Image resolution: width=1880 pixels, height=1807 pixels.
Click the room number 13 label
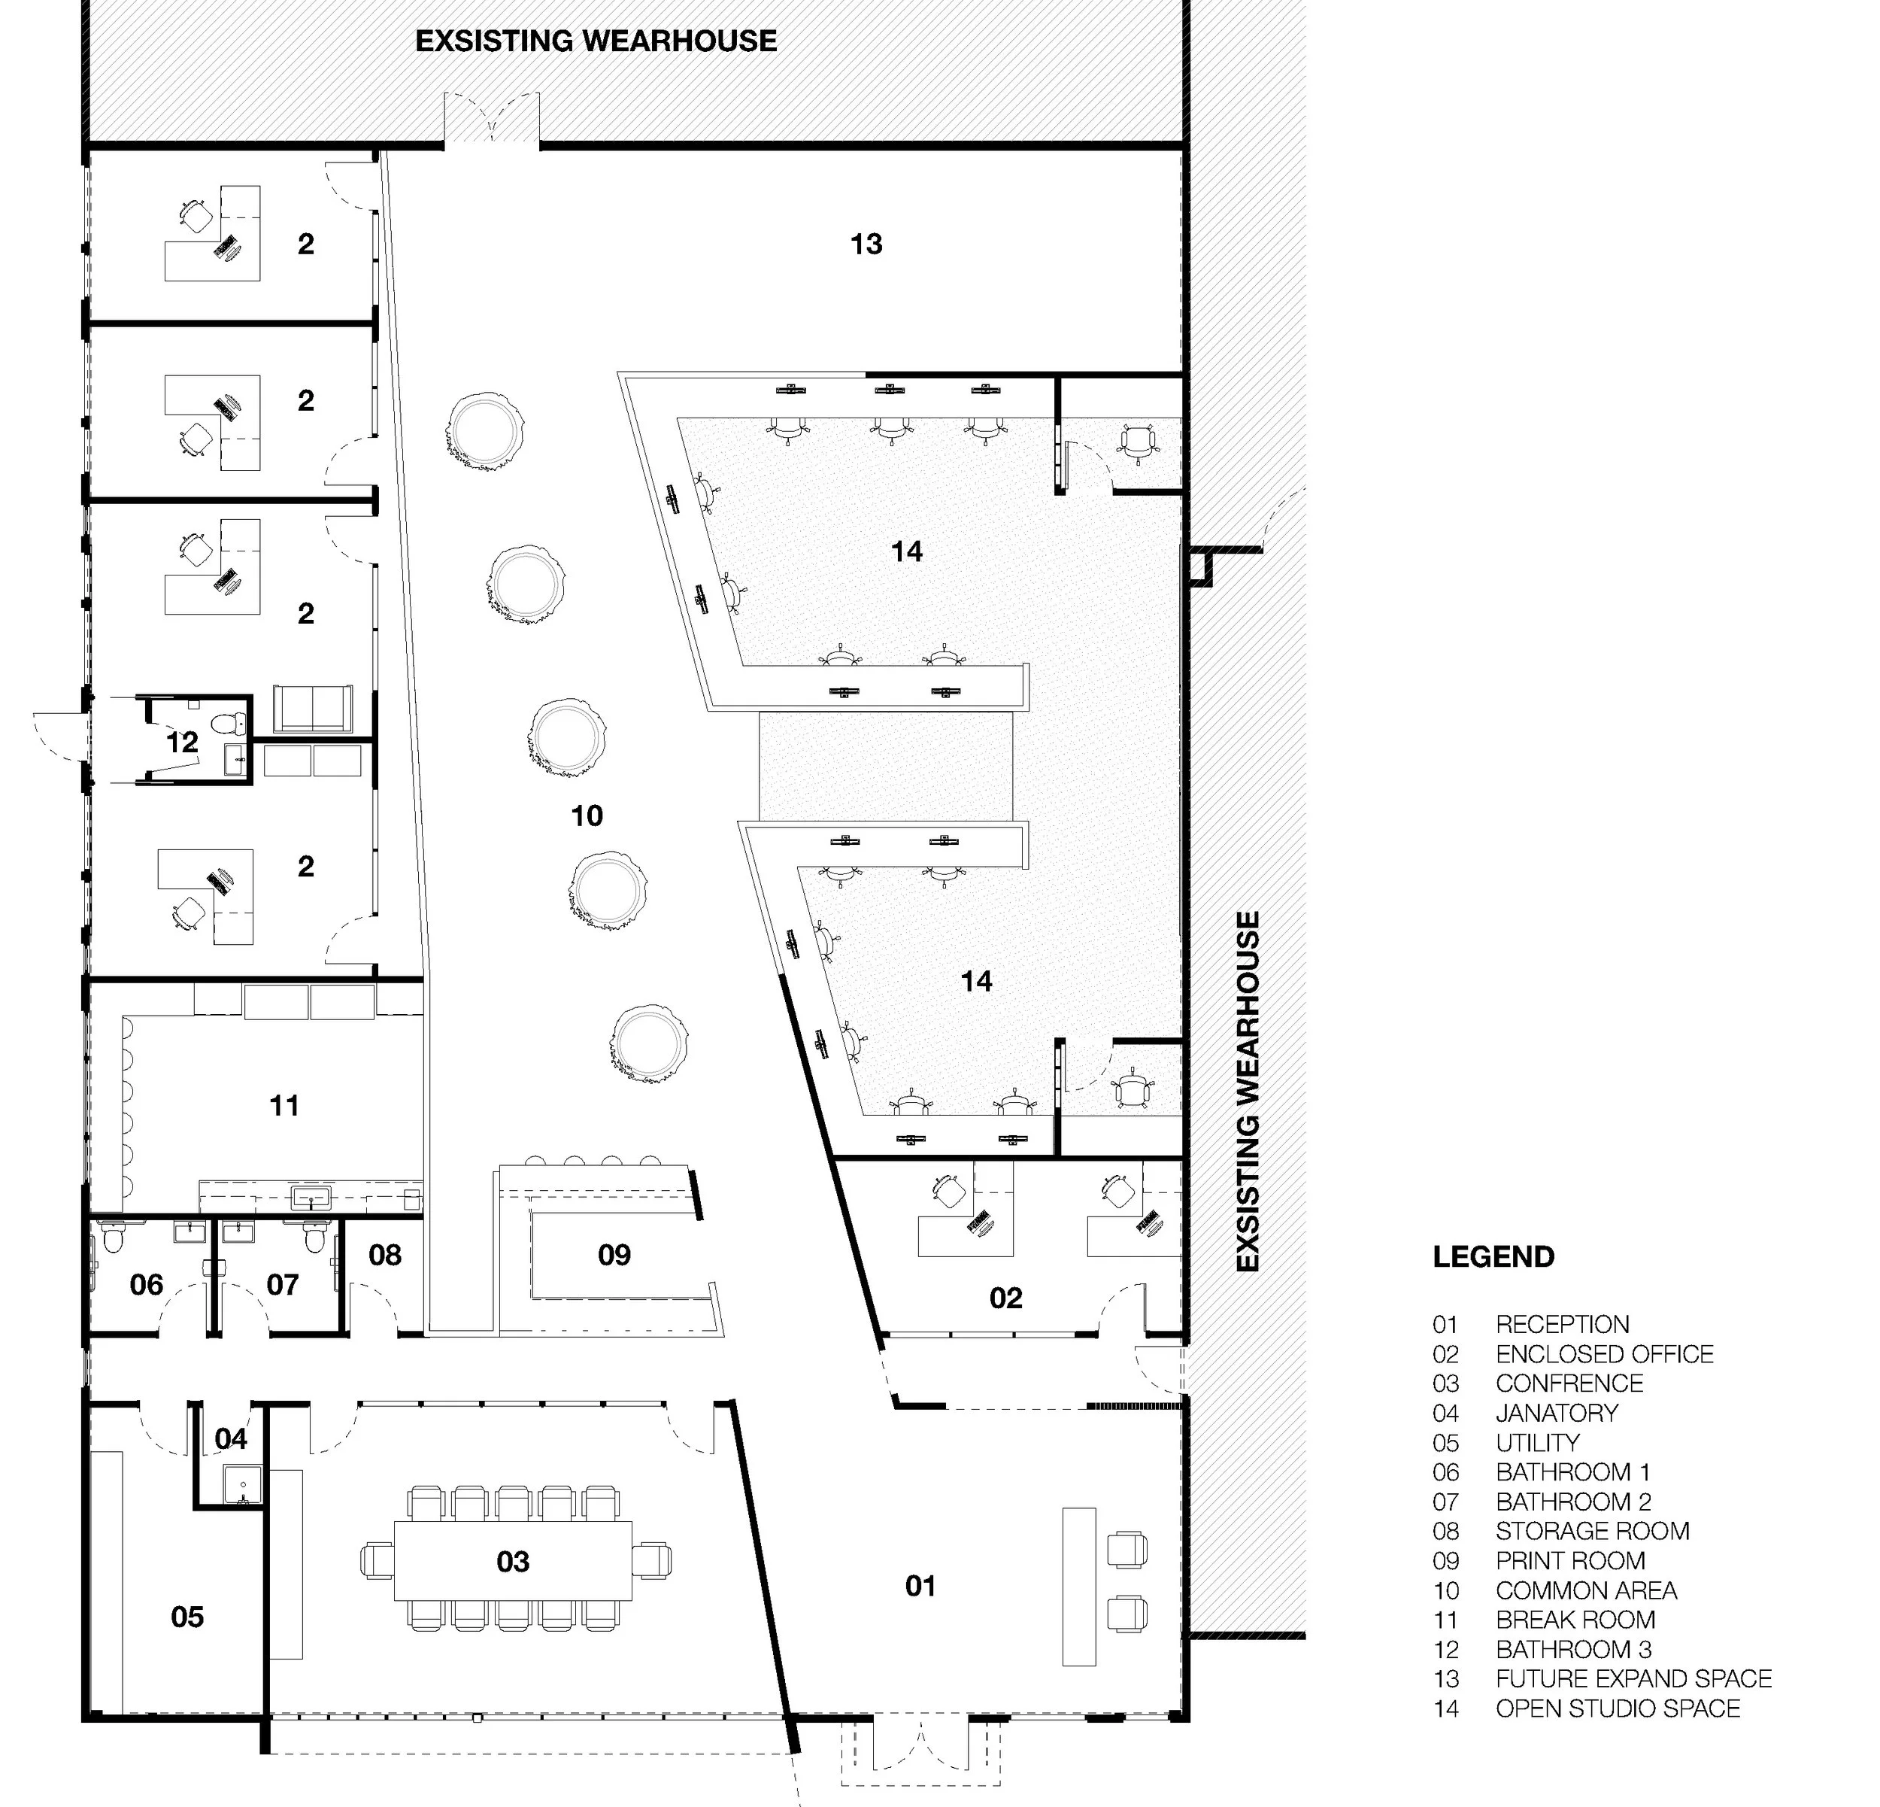tap(866, 244)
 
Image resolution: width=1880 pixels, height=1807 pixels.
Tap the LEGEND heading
tap(1493, 1257)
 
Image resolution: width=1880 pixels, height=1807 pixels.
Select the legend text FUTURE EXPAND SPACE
tap(1633, 1678)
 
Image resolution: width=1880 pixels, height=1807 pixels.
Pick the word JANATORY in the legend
tap(1557, 1413)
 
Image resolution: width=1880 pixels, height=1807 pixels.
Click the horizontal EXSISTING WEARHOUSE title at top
tap(596, 41)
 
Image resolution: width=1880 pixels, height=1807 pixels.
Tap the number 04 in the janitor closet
tap(230, 1438)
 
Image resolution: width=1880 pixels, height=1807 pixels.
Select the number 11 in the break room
tap(284, 1106)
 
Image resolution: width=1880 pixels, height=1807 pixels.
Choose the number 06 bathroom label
tap(146, 1284)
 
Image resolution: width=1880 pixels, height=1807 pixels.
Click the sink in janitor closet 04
tap(243, 1487)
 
